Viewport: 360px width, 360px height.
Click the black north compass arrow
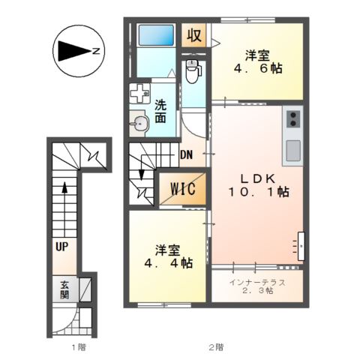pyautogui.click(x=72, y=52)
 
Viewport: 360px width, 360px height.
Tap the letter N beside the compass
pyautogui.click(x=97, y=52)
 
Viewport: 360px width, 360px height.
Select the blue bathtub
pyautogui.click(x=157, y=35)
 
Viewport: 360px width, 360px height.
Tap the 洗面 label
pyautogui.click(x=162, y=112)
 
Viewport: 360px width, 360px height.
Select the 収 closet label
pyautogui.click(x=194, y=34)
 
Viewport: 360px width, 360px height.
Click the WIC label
pyautogui.click(x=182, y=189)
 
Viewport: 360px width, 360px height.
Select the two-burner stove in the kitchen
pyautogui.click(x=292, y=118)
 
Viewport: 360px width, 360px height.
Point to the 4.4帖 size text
pyautogui.click(x=167, y=263)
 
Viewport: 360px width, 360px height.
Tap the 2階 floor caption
pyautogui.click(x=216, y=347)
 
